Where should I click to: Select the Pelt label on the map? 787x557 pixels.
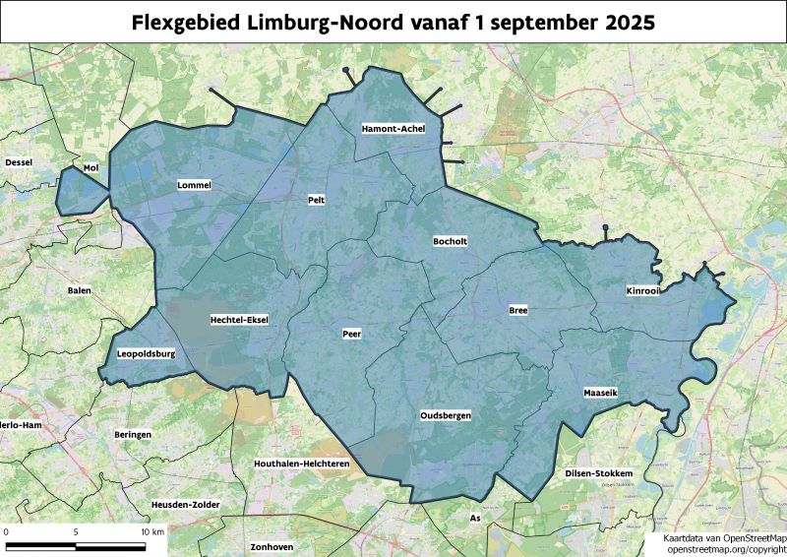click(317, 200)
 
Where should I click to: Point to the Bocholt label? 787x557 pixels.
click(452, 240)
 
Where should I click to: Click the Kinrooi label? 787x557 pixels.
click(644, 291)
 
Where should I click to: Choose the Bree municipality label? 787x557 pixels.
click(518, 310)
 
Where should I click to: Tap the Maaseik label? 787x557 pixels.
click(600, 392)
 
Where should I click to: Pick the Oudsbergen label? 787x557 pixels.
click(446, 416)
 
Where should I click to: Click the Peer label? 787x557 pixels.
click(351, 334)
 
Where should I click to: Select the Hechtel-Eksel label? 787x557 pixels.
click(239, 320)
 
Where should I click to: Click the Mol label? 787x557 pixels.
click(91, 168)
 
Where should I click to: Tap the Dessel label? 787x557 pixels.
click(20, 161)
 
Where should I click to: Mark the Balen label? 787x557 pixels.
click(79, 290)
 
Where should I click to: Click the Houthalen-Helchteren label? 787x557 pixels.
click(302, 463)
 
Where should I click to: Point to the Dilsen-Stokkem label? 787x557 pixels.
click(598, 473)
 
